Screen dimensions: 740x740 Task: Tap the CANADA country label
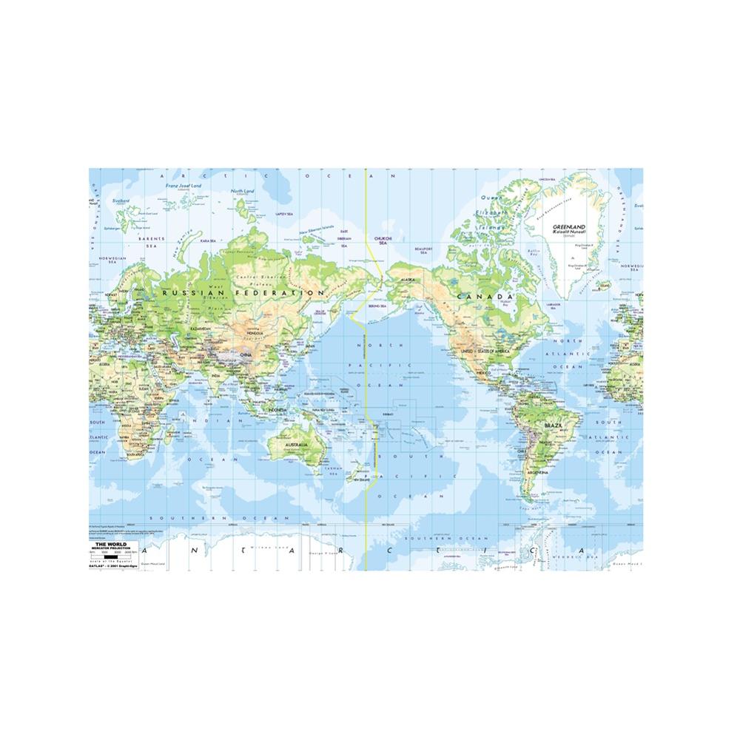tap(484, 297)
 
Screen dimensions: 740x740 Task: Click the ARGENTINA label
tap(539, 471)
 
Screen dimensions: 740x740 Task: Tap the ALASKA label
tap(407, 280)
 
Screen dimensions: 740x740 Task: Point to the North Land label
tap(241, 191)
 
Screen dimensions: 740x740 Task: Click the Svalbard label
tap(121, 200)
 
